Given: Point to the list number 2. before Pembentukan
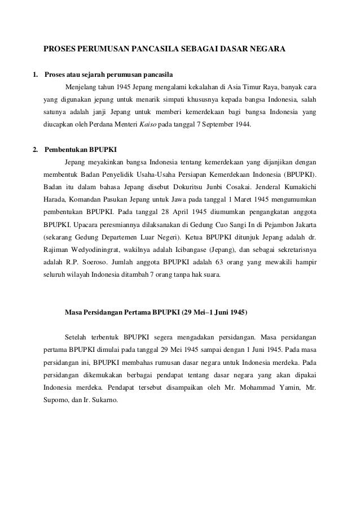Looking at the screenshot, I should pos(36,150).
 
